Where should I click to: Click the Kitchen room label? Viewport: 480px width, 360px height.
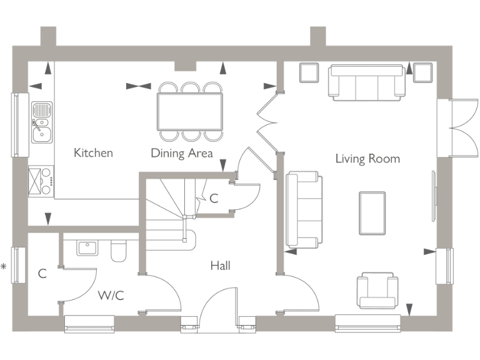click(x=93, y=152)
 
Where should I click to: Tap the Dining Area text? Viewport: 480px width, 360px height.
click(x=182, y=153)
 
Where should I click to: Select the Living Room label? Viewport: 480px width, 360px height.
click(x=367, y=158)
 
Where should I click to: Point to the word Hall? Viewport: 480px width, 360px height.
click(x=220, y=266)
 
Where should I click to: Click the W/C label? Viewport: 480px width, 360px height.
click(x=111, y=295)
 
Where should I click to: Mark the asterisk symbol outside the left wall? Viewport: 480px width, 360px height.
click(x=4, y=267)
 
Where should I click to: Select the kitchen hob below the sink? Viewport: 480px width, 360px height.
click(x=41, y=181)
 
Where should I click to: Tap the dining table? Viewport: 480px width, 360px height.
click(x=190, y=111)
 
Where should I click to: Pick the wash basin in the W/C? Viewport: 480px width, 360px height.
click(x=87, y=248)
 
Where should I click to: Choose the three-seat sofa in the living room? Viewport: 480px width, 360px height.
click(x=366, y=82)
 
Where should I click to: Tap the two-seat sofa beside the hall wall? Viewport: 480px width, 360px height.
click(x=304, y=209)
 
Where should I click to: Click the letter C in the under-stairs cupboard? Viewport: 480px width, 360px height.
click(x=214, y=199)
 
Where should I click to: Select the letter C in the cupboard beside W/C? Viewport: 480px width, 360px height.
click(x=42, y=274)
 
